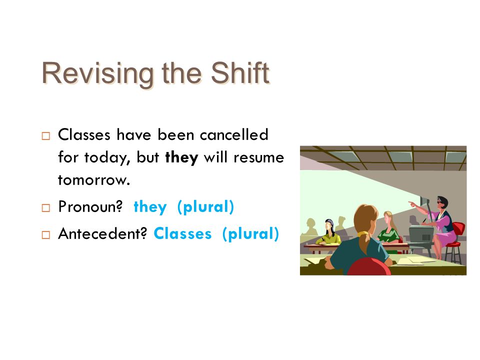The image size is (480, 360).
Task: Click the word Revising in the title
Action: (97, 73)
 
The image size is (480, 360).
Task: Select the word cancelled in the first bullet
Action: (234, 134)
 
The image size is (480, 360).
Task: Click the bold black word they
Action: (181, 157)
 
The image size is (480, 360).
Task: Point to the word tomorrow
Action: (94, 180)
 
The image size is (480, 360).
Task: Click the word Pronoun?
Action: (90, 206)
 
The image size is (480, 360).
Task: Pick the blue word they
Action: (150, 207)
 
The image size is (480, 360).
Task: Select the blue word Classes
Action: (183, 233)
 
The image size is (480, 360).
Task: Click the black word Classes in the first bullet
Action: (84, 134)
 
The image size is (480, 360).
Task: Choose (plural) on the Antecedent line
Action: (250, 234)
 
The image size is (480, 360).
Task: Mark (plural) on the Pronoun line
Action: (205, 207)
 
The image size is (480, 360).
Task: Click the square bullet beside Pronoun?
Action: (46, 208)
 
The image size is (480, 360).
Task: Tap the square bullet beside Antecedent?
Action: (46, 235)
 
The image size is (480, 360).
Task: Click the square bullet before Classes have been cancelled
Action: (46, 136)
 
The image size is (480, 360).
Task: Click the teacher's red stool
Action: (455, 242)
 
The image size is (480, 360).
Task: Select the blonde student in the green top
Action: (389, 230)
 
